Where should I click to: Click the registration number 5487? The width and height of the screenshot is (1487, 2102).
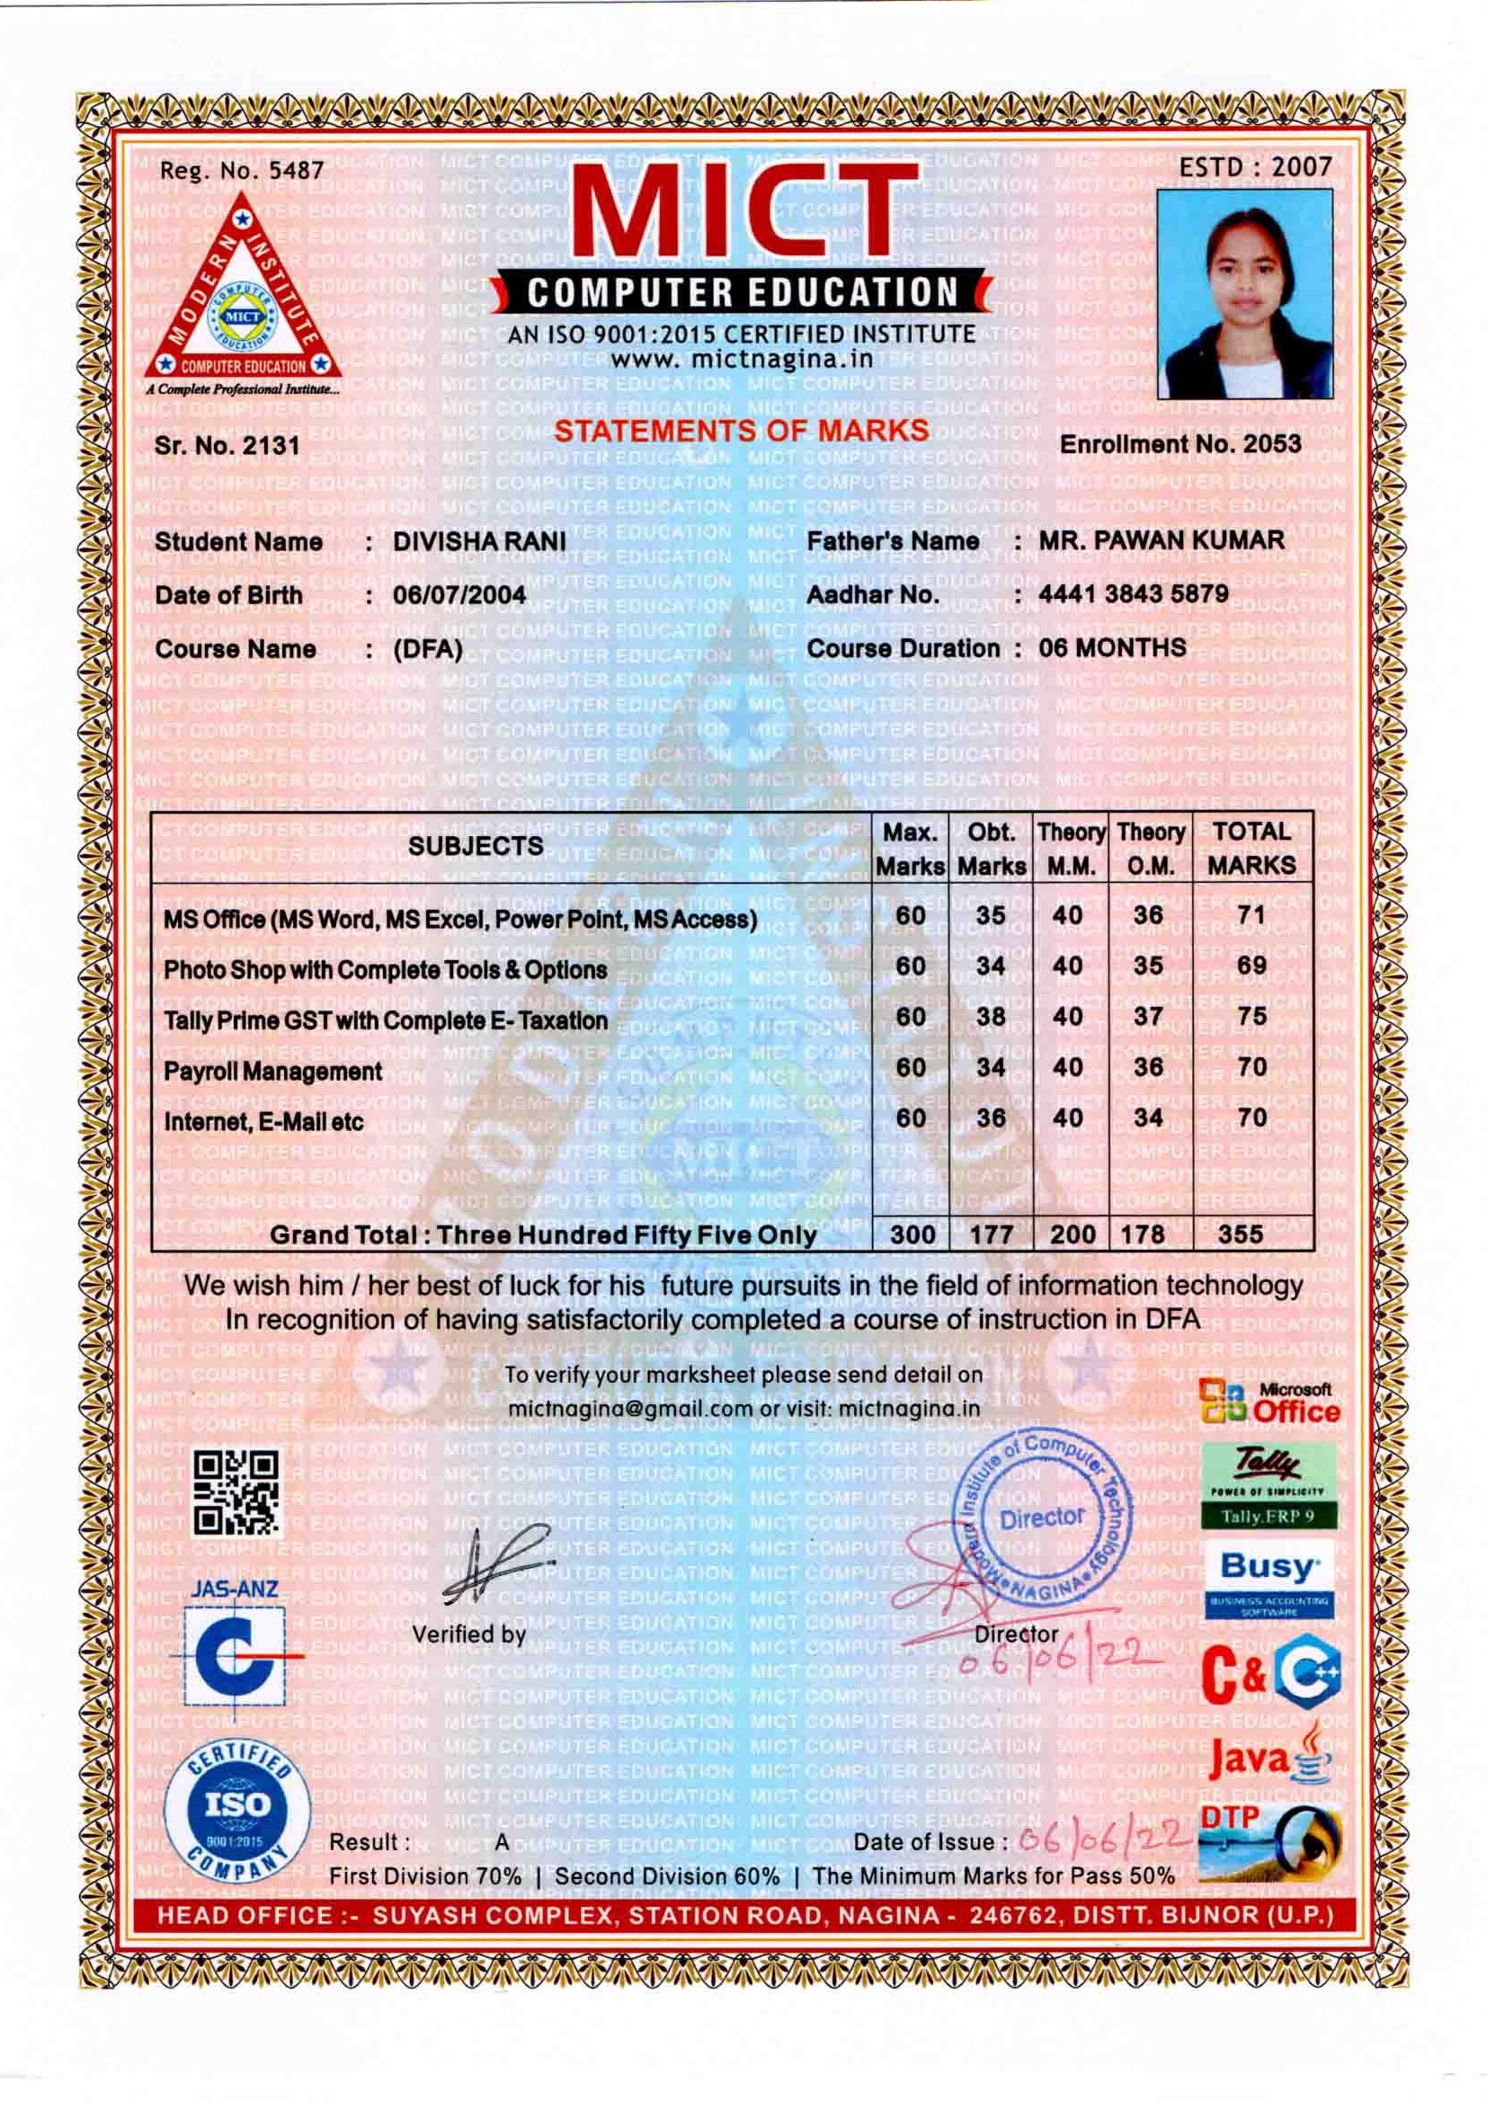click(x=295, y=170)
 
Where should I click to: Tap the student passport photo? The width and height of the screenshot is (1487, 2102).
click(x=1244, y=293)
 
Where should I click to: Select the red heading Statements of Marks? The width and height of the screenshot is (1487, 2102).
click(x=741, y=431)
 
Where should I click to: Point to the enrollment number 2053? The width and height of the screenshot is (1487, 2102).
click(x=1271, y=444)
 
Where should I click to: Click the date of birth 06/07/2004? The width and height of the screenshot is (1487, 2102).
click(x=459, y=595)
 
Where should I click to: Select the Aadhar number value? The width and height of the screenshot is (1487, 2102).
click(x=1134, y=594)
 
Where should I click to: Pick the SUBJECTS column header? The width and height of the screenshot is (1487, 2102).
click(x=476, y=846)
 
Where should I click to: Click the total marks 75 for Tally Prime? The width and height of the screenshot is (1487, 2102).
click(x=1251, y=1016)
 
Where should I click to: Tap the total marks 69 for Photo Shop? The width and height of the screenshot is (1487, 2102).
click(x=1251, y=965)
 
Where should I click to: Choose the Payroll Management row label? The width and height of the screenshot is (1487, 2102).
click(x=273, y=1071)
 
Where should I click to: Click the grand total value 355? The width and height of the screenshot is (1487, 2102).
click(x=1241, y=1234)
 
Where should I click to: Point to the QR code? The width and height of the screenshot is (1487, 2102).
click(x=236, y=1493)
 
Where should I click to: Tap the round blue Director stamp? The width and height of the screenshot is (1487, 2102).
click(x=1043, y=1518)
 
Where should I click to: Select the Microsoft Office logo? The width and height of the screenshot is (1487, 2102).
click(x=1270, y=1402)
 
